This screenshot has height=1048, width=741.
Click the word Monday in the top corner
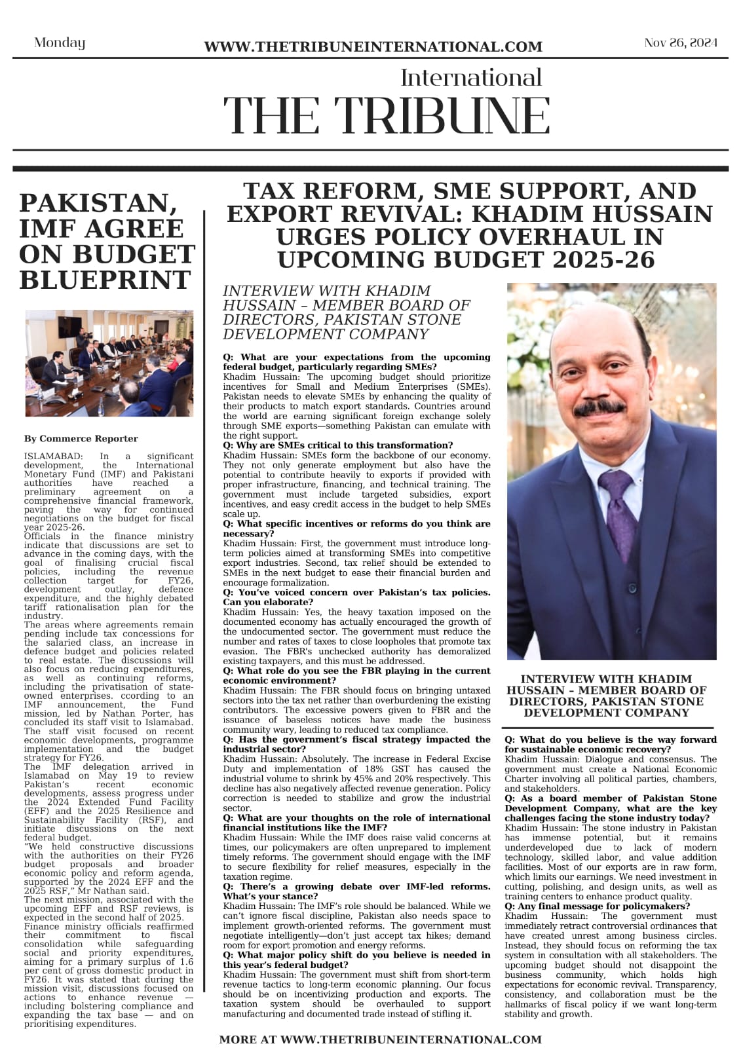tap(60, 43)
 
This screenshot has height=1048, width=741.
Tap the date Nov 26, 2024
tap(681, 43)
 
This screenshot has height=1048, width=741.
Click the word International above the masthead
tap(471, 78)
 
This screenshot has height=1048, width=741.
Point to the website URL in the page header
tap(373, 47)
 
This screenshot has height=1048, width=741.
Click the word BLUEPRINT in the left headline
tap(105, 280)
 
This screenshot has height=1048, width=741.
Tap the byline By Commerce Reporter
tap(81, 438)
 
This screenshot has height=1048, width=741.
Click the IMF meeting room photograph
tap(109, 363)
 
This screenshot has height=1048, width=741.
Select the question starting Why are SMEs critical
tap(337, 445)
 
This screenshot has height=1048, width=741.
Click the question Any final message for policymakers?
tap(596, 906)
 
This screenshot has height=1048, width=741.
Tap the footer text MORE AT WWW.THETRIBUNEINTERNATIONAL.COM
tap(380, 1039)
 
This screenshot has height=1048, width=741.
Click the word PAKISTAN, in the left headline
tap(98, 203)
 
